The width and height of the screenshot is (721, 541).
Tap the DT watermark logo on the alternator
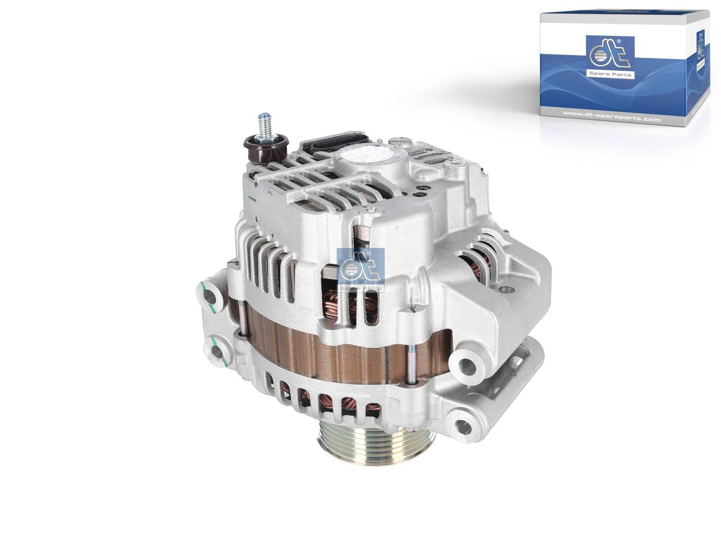pos(360,270)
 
